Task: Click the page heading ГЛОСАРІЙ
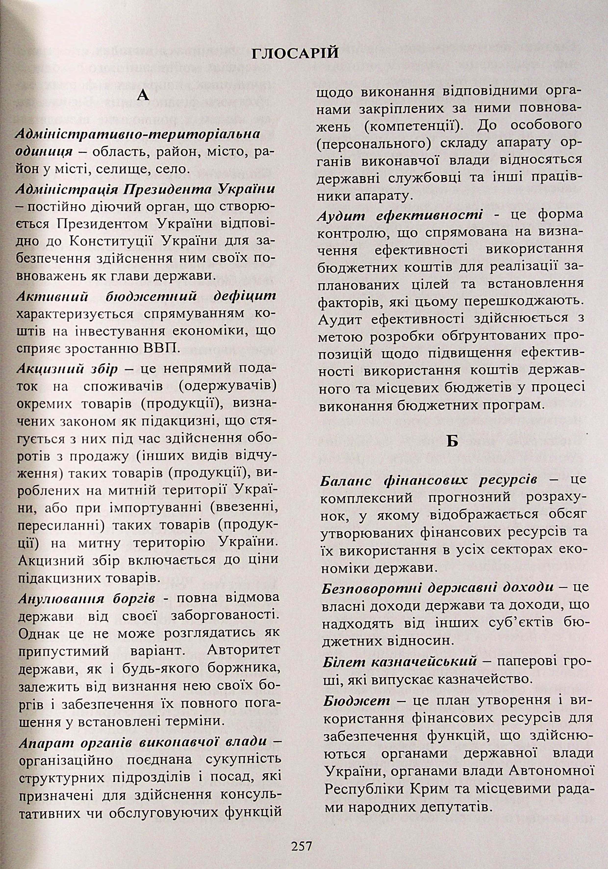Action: coord(295,54)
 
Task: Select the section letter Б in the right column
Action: coord(452,441)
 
